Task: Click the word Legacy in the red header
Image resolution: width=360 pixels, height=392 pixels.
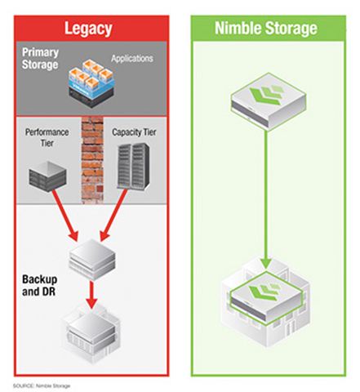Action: coord(88,29)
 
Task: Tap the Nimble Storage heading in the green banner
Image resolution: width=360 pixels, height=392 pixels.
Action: coord(266,28)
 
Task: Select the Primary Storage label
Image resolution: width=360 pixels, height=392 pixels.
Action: coord(40,59)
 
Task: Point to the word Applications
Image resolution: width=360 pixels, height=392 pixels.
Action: coord(132,58)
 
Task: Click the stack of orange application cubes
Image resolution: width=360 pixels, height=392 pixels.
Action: coord(91,83)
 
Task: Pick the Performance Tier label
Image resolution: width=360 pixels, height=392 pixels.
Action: coord(47,137)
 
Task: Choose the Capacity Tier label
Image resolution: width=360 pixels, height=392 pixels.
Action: coord(134,132)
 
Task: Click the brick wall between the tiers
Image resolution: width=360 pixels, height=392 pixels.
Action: coord(92,160)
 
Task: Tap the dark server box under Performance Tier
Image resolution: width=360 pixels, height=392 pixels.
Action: coord(47,176)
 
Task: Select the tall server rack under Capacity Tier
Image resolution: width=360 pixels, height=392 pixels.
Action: coord(133,166)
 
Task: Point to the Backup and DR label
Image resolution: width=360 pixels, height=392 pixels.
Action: coord(39,285)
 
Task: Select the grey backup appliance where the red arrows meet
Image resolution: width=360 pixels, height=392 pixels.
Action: coord(92,260)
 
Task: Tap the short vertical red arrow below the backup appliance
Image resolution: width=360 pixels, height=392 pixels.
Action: coord(91,295)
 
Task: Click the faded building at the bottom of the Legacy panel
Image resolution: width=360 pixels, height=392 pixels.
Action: coord(91,333)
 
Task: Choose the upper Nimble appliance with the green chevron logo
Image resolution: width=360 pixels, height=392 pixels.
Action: coord(269,101)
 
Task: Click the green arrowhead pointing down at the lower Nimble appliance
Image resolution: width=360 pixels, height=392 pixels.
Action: coord(265,263)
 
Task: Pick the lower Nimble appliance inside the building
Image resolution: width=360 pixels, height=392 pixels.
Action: coord(266,297)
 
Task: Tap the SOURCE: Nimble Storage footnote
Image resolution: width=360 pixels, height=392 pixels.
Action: coord(42,385)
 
